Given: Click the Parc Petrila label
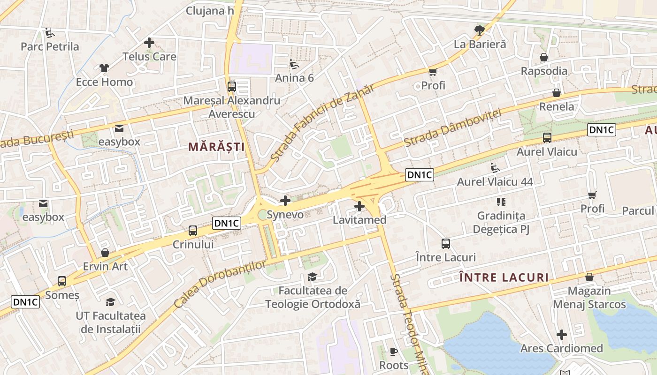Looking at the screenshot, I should (50, 47).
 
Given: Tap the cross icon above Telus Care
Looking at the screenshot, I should (149, 43).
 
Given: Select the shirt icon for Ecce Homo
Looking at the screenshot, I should (104, 68).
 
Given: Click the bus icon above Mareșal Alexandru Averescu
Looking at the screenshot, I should (231, 87).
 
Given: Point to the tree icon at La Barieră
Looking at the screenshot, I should (479, 31).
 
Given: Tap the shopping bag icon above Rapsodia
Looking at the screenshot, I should (544, 58).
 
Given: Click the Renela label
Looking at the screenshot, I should (557, 106).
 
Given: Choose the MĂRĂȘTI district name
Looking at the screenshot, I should (216, 147).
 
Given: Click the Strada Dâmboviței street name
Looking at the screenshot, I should (452, 127).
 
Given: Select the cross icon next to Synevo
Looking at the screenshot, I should (285, 201).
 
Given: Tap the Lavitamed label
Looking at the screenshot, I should (359, 220).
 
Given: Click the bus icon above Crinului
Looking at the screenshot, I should (193, 231).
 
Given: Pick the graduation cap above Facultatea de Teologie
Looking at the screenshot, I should (312, 277).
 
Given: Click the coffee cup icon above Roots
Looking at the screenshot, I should (394, 352).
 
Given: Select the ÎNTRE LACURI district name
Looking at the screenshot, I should (504, 277).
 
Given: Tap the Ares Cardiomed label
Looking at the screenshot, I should (561, 348).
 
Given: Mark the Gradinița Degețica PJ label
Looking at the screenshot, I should (501, 223).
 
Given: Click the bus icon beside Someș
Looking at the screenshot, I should (62, 281).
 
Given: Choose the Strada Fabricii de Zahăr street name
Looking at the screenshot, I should (322, 123).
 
